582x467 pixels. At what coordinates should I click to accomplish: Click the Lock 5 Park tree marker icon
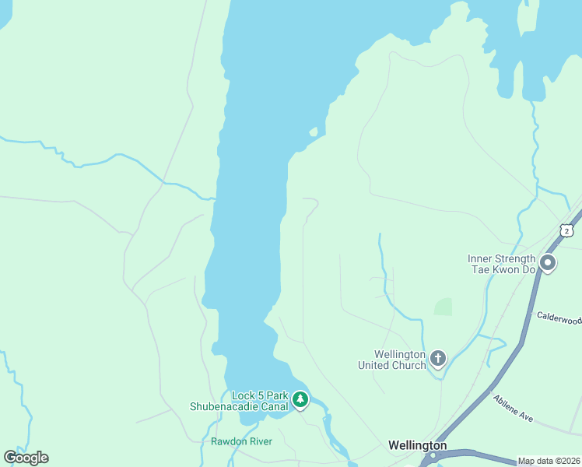click(300, 400)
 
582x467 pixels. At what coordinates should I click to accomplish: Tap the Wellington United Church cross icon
click(438, 358)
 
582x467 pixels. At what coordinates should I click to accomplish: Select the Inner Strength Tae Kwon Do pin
click(547, 264)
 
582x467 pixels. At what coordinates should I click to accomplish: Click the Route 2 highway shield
click(566, 230)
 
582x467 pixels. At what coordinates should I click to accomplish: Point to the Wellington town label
click(418, 445)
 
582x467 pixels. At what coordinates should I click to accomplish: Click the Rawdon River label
click(241, 441)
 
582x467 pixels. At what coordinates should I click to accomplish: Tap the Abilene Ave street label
click(513, 408)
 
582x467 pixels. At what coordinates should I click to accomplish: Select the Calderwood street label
click(559, 318)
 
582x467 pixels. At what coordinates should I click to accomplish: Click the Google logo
click(26, 458)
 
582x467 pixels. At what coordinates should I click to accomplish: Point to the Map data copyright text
click(549, 461)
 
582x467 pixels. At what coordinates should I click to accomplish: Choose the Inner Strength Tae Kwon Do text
click(502, 264)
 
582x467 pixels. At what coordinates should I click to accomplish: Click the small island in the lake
click(314, 132)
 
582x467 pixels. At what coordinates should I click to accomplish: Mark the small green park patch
click(443, 307)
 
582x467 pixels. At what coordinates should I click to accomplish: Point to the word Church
click(410, 365)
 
